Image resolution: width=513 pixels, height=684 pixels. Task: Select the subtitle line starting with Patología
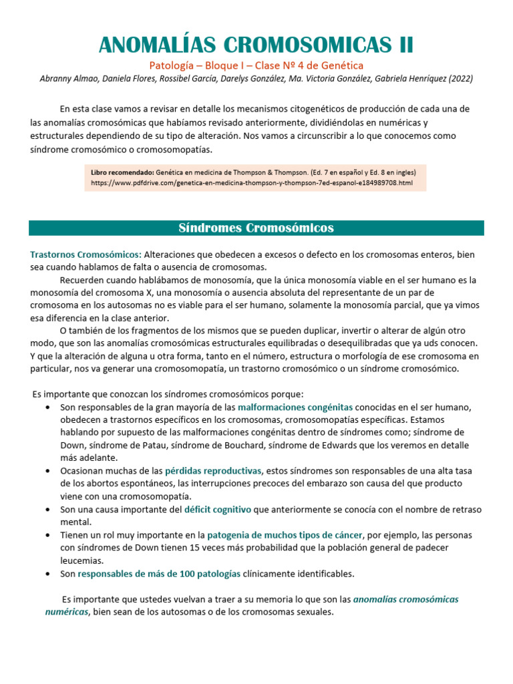click(x=256, y=65)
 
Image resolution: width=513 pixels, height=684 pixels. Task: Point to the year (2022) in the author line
click(x=459, y=78)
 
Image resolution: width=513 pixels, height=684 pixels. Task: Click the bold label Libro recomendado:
click(x=122, y=172)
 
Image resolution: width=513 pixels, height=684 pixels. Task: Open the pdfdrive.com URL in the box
click(x=252, y=182)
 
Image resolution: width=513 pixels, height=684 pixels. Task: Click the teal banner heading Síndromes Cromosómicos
click(x=256, y=228)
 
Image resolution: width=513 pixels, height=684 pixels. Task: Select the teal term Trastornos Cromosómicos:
click(x=85, y=254)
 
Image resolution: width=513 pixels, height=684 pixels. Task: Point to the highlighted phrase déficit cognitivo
click(x=218, y=509)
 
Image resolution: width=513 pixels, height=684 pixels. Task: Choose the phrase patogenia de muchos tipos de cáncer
click(x=285, y=535)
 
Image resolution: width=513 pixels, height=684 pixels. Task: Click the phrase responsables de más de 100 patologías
click(x=158, y=573)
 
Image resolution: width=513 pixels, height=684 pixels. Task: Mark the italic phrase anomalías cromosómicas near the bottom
click(x=405, y=599)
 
